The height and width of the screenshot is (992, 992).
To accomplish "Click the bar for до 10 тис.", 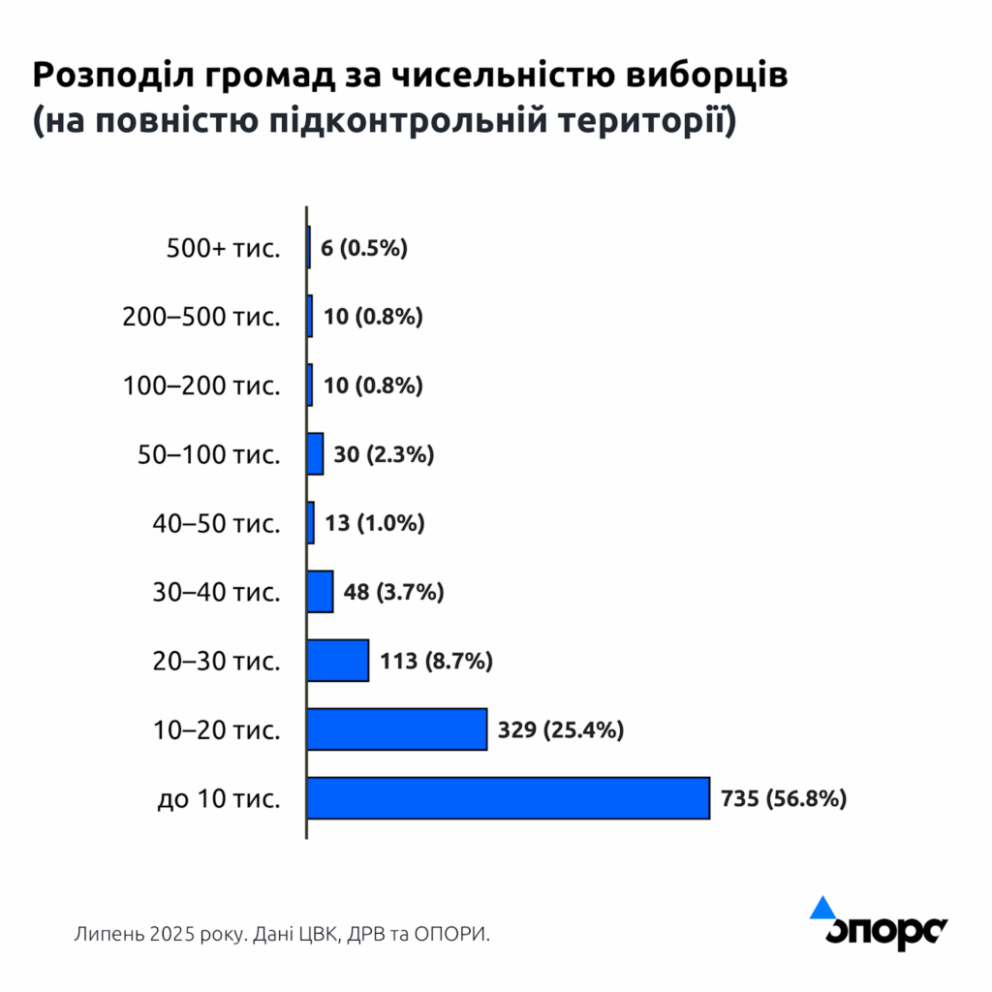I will [x=509, y=798].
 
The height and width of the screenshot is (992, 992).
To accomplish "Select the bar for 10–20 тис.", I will [x=397, y=729].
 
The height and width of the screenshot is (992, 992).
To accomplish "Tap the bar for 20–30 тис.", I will [x=338, y=661].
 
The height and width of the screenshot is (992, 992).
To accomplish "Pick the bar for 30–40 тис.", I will [x=321, y=592].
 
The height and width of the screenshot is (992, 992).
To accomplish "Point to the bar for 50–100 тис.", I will [x=316, y=454].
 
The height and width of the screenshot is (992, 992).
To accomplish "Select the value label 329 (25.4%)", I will [x=560, y=730].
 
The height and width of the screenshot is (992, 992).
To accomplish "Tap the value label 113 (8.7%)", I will [x=437, y=662].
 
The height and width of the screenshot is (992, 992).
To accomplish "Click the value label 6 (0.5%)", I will [x=364, y=248].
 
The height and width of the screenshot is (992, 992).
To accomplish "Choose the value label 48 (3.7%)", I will [x=393, y=592].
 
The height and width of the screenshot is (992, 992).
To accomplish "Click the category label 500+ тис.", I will [x=223, y=249].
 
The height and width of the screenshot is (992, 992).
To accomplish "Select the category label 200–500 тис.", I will [x=201, y=317].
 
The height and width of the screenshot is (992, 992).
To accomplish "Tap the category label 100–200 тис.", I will [x=201, y=386].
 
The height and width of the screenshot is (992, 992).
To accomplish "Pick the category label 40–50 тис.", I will [x=216, y=523].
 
